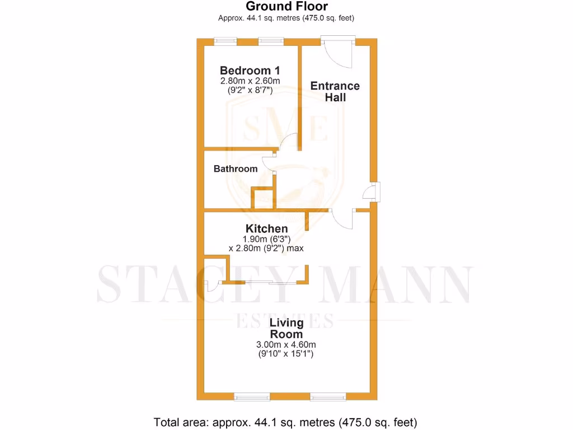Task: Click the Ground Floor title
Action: click(x=286, y=7)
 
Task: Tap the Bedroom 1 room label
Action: click(x=250, y=71)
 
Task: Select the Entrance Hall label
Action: click(x=335, y=91)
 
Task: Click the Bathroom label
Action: click(x=236, y=169)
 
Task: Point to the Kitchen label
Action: click(x=267, y=228)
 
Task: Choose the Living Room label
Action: click(x=286, y=328)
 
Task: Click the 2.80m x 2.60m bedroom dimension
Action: click(x=250, y=81)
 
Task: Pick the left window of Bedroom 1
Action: click(x=226, y=41)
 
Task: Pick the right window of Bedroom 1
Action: click(x=271, y=41)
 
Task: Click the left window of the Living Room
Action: click(x=251, y=397)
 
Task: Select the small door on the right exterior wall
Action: click(x=372, y=192)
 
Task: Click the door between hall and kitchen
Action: click(x=342, y=218)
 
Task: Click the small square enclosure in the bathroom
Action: click(x=264, y=199)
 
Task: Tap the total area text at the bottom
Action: click(x=285, y=422)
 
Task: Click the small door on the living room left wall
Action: click(x=211, y=286)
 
